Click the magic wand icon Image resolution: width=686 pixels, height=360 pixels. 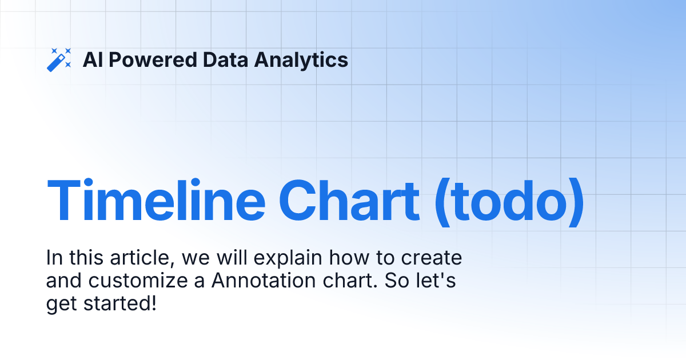(59, 60)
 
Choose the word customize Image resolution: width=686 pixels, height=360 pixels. (143, 282)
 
